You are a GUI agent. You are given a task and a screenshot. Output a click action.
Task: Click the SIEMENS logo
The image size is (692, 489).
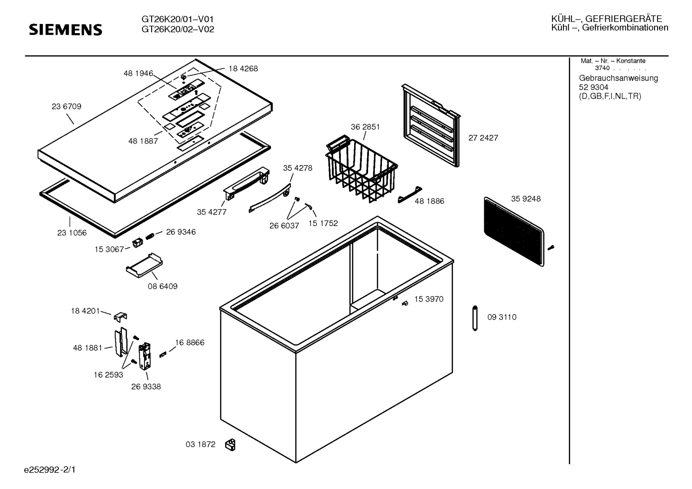(x=65, y=30)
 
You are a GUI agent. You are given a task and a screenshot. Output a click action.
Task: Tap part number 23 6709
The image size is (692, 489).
(x=66, y=107)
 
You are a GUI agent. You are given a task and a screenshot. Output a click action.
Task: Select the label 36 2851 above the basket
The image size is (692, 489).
(x=365, y=127)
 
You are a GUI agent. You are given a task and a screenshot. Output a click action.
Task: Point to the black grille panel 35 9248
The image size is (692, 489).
(x=514, y=232)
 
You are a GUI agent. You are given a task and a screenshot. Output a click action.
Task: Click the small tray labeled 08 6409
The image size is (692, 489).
(x=144, y=265)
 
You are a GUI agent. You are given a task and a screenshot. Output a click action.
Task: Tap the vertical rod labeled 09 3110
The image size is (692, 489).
(x=475, y=318)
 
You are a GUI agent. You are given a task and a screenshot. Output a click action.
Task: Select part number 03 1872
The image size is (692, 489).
(x=201, y=444)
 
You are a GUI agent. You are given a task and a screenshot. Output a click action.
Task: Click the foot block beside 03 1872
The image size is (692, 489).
(x=230, y=445)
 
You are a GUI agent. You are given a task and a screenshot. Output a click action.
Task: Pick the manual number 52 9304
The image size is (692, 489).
(x=594, y=87)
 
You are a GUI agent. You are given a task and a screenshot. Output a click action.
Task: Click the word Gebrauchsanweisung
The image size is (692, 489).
(x=619, y=78)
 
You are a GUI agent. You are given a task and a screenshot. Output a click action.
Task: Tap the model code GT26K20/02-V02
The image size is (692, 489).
(x=178, y=29)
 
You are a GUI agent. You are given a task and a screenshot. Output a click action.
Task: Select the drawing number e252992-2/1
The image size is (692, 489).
(x=50, y=470)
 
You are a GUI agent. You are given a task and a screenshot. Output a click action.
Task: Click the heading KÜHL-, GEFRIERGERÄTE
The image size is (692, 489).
(x=607, y=19)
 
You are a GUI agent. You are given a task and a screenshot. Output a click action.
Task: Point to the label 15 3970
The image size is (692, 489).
(x=429, y=299)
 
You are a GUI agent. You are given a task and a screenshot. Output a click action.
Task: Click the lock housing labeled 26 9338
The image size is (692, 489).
(x=144, y=356)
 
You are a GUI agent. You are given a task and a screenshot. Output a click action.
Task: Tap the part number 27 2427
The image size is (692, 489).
(x=483, y=138)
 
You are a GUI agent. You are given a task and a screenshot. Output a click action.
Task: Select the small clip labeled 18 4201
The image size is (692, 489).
(x=120, y=316)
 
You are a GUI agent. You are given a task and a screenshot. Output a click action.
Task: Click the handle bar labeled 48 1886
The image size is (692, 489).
(x=410, y=195)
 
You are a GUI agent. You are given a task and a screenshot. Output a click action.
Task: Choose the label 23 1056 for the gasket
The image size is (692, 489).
(x=72, y=233)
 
